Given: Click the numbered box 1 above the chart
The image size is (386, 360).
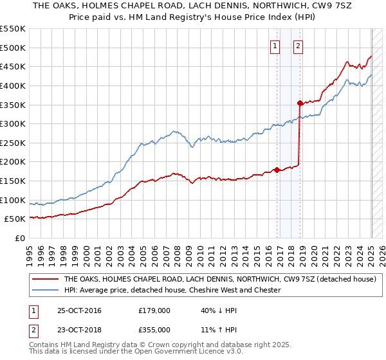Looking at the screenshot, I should tap(275, 46).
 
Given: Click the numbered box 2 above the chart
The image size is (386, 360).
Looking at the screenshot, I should tap(299, 46).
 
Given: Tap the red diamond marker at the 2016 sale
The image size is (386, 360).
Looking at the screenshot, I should tap(277, 170).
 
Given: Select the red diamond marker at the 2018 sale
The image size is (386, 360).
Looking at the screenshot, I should tap(300, 103).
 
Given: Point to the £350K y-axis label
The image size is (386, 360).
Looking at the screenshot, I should tap(14, 105).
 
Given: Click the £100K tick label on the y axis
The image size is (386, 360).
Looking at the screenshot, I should tap(14, 200).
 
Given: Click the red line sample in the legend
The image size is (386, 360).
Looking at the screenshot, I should tap(45, 280).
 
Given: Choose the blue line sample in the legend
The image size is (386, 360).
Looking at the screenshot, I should tap(45, 290).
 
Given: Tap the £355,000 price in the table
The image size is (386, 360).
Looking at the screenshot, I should tap(154, 330).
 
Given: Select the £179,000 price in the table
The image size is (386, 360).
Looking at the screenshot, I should tap(154, 310).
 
